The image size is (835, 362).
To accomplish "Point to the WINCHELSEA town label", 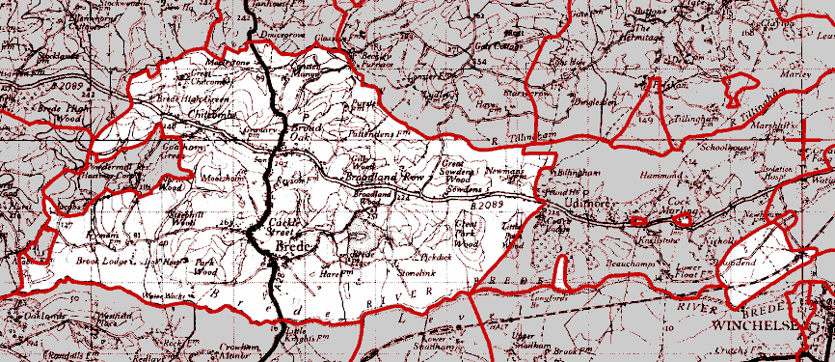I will click(755, 326).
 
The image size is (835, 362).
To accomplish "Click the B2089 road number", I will click(488, 206).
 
